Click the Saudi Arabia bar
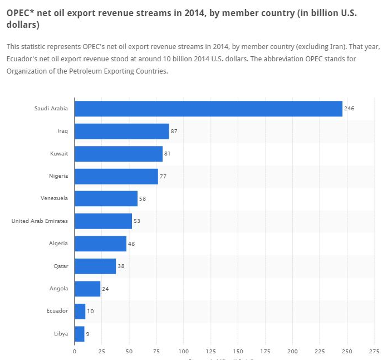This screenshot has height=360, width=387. tap(208, 109)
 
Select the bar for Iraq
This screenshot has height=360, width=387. tap(121, 132)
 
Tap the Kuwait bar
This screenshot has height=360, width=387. tap(118, 154)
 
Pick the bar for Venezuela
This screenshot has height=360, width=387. tap(106, 198)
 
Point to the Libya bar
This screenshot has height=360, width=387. tap(79, 334)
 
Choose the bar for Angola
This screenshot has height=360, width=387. tap(87, 289)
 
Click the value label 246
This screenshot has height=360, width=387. tap(349, 109)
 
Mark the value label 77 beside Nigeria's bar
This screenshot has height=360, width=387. tap(163, 176)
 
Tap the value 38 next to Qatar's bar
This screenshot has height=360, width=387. tap(121, 266)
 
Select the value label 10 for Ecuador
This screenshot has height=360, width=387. tap(90, 311)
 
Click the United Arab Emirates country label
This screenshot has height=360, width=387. tap(40, 221)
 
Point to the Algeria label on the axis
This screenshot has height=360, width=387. tap(58, 244)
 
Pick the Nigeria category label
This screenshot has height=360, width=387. tap(58, 176)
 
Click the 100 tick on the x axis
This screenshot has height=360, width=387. tap(184, 352)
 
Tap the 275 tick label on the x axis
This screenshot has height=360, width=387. tap(375, 352)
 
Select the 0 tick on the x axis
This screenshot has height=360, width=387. tap(75, 352)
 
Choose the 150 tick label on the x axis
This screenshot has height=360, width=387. tap(238, 352)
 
